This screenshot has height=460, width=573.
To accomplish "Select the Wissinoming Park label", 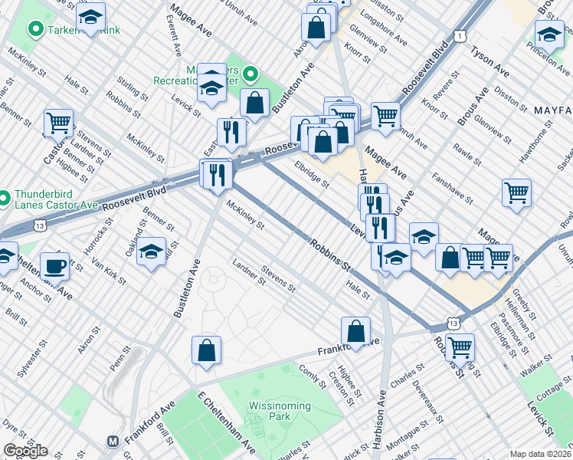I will [x=280, y=411].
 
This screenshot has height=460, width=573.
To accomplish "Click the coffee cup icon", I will [x=54, y=266].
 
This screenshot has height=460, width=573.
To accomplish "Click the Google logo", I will [x=25, y=451].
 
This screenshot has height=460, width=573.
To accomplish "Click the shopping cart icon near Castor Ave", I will [x=58, y=122].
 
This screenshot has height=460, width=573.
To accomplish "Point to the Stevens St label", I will [x=277, y=278].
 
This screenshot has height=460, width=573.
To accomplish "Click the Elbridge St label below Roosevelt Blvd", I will [x=312, y=173].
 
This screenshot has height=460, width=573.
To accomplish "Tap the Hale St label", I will [x=358, y=290].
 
